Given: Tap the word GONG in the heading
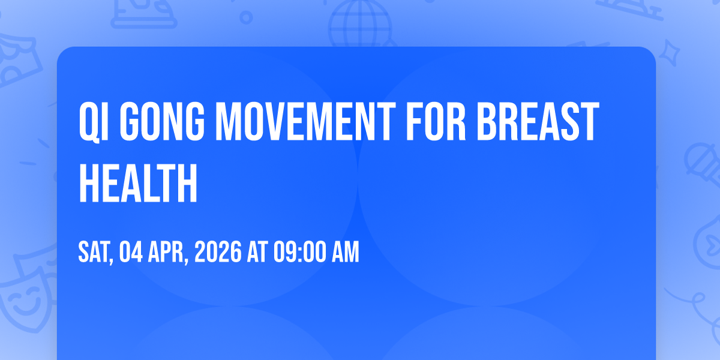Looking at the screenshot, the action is [163, 121].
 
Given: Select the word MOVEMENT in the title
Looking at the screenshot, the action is [305, 121].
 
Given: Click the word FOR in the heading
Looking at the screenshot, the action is [436, 121].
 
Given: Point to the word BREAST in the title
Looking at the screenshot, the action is [538, 121].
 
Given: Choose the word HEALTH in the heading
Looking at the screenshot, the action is [138, 183].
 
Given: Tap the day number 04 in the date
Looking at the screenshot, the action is [131, 252].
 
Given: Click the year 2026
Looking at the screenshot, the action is [218, 252].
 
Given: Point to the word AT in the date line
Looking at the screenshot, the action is [257, 252].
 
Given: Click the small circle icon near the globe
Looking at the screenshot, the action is [246, 17].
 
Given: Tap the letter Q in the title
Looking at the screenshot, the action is [89, 122].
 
